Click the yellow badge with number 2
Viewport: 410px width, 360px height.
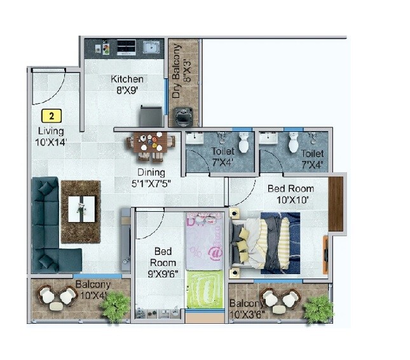click(x=51, y=116)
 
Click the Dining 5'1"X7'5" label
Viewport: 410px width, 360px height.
click(x=150, y=177)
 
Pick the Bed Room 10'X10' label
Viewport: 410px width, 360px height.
click(x=290, y=194)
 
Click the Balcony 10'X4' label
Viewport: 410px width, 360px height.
click(x=93, y=289)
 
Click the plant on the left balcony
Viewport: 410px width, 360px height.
click(x=114, y=306)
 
